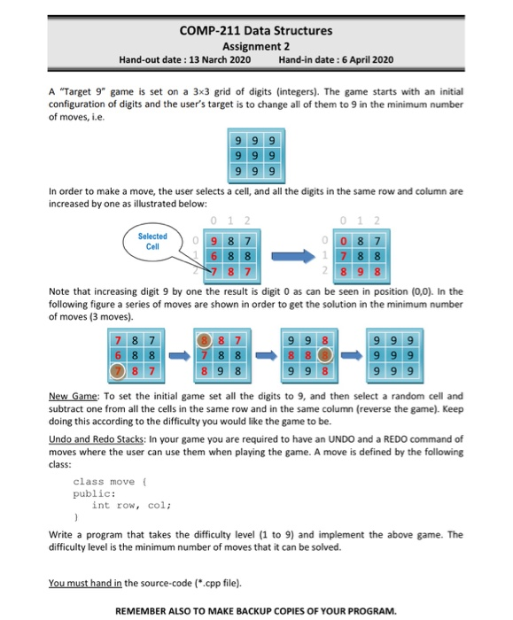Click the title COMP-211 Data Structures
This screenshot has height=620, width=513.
(256, 30)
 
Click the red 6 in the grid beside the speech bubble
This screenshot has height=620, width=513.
(214, 255)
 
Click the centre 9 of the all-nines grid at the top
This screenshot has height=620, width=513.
(255, 156)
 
